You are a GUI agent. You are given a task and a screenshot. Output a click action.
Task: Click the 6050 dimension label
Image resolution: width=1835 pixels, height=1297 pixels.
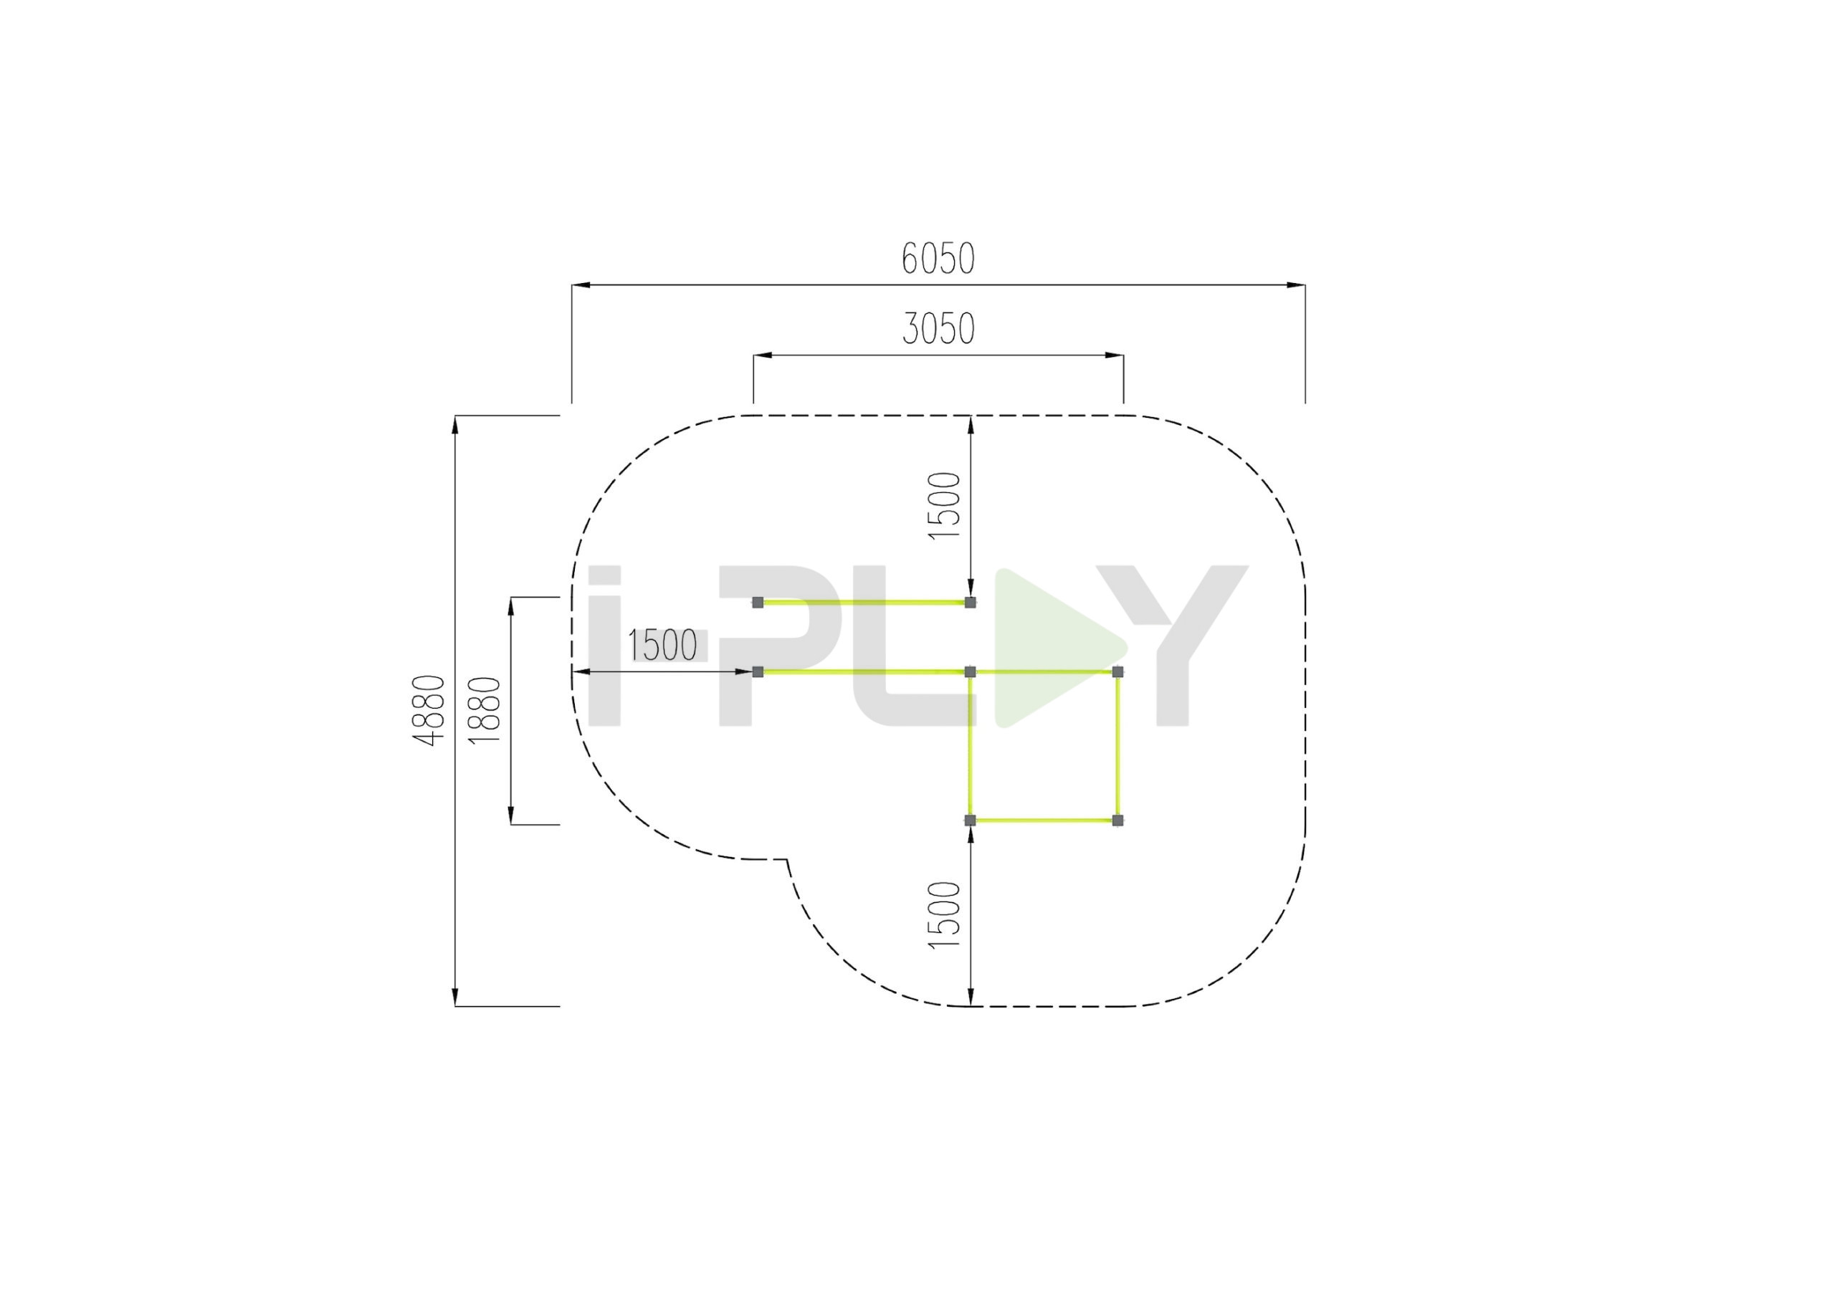[x=938, y=258]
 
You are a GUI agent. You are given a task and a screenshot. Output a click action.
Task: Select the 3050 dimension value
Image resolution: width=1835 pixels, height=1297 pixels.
[x=939, y=328]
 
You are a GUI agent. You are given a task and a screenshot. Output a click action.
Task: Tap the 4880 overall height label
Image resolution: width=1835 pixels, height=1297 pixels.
[x=429, y=710]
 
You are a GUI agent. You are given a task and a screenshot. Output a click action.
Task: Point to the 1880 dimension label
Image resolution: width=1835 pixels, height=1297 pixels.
[x=485, y=710]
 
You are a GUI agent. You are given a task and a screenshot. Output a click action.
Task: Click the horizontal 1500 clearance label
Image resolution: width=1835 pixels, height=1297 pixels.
[x=662, y=646]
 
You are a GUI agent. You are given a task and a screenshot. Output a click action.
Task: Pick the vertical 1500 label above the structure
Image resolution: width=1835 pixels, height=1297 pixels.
[x=944, y=506]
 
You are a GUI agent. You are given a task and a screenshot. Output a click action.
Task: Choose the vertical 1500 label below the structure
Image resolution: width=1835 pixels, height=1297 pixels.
[x=944, y=915]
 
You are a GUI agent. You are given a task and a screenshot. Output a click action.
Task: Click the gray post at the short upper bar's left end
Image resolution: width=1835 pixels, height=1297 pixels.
[x=758, y=603]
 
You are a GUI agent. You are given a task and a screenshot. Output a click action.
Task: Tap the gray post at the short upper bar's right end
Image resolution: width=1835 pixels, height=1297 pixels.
[x=971, y=603]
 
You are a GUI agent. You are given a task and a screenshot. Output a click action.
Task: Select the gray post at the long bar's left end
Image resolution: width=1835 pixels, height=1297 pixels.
[x=758, y=671]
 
